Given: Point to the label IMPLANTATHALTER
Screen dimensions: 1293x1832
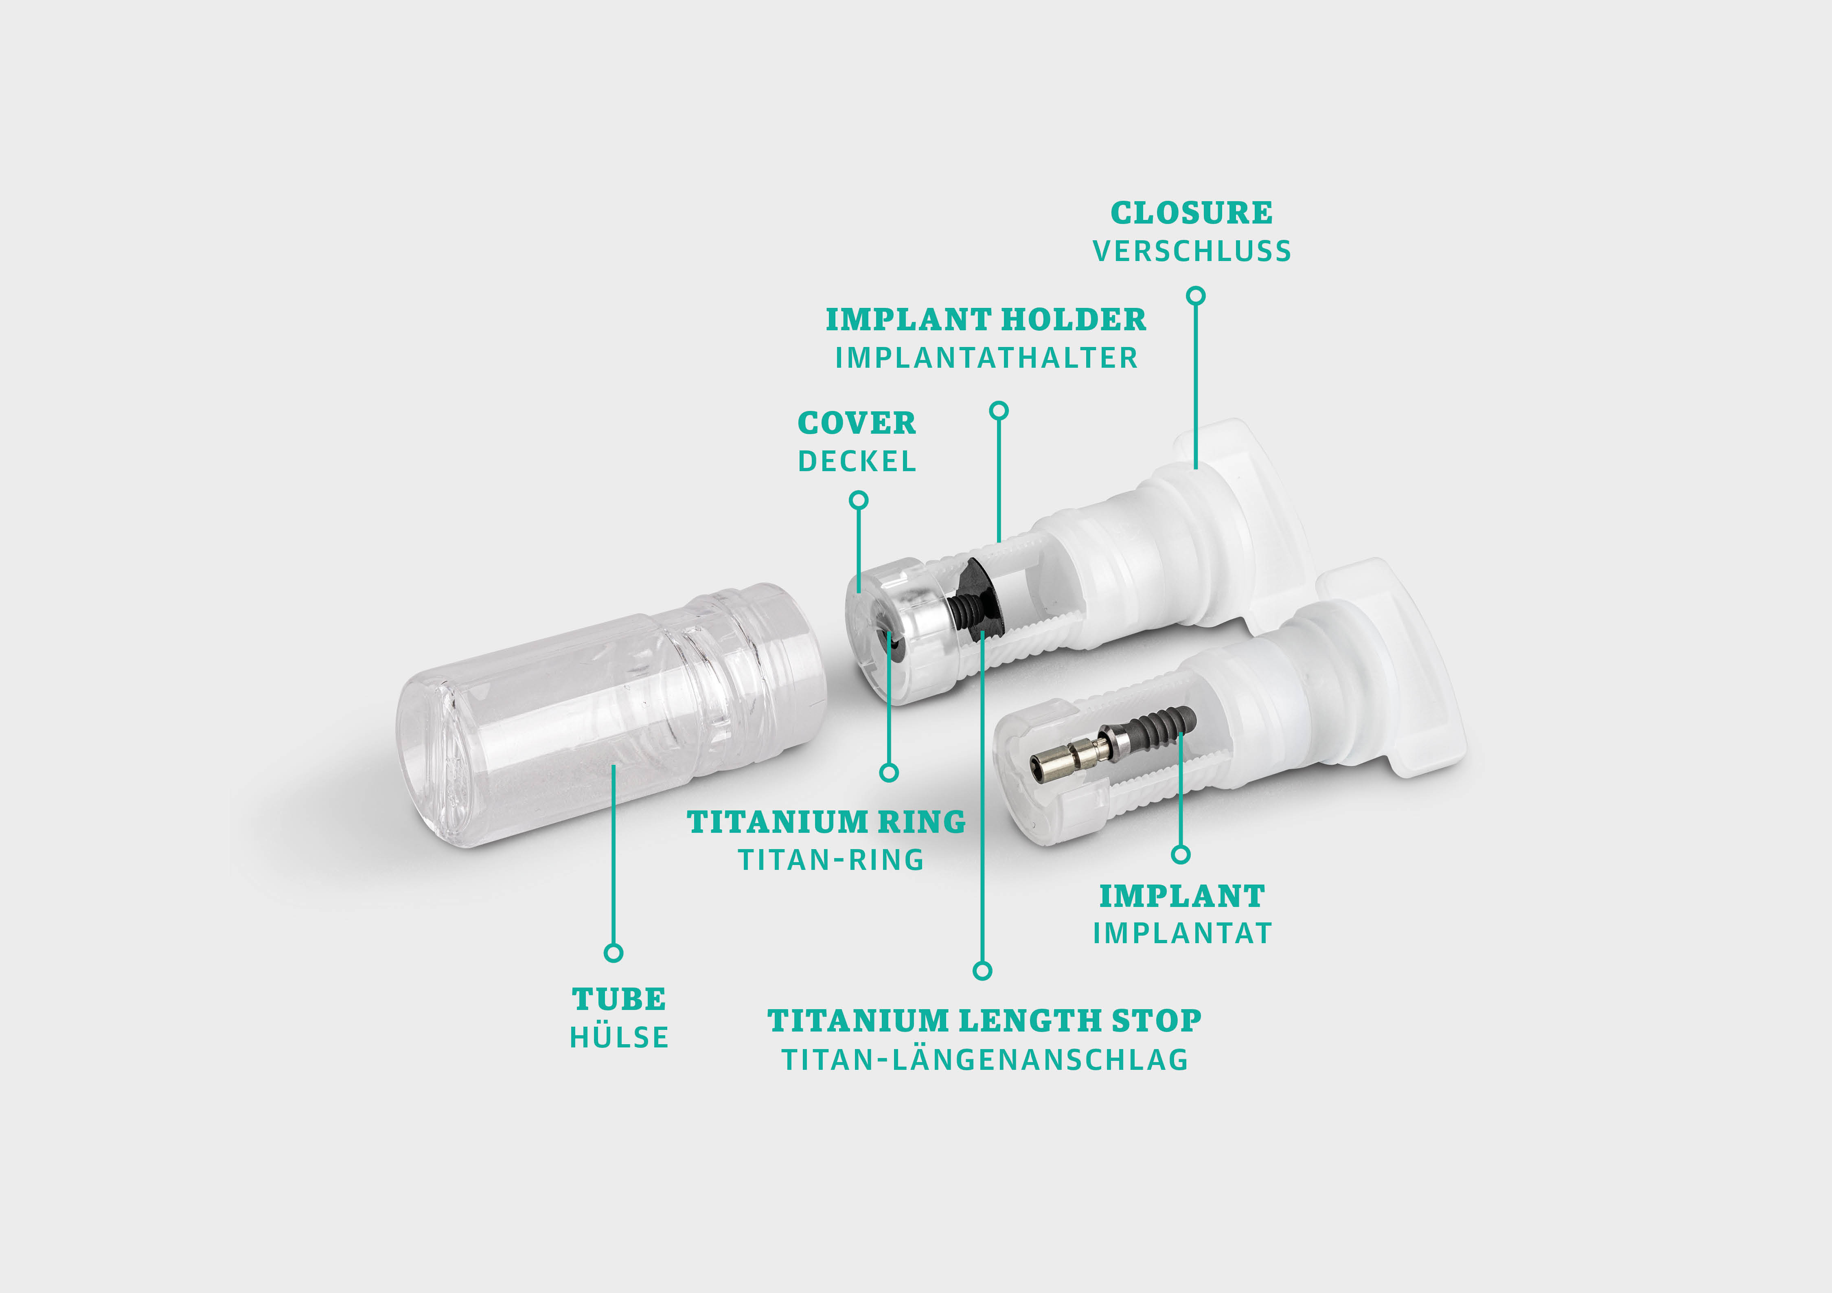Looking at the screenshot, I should (986, 358).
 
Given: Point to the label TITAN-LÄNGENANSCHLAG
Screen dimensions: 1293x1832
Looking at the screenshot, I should (985, 1060).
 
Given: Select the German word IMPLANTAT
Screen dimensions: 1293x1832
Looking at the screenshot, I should (1182, 933).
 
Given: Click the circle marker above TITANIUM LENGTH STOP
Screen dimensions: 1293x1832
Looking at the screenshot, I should (982, 970).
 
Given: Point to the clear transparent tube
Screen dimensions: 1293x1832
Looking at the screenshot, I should (590, 718).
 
